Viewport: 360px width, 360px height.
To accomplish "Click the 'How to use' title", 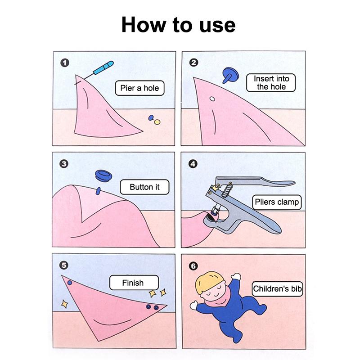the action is (x=178, y=25).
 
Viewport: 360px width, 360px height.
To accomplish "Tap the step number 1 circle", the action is (x=65, y=63).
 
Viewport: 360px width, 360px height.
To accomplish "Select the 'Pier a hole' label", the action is (x=139, y=88).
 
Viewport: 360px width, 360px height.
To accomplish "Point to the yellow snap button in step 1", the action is (x=157, y=122).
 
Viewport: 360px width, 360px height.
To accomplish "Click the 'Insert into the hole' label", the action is (x=271, y=83).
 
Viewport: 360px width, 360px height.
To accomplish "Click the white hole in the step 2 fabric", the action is (x=212, y=99).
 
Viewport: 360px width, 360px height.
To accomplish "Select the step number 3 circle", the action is (x=64, y=164).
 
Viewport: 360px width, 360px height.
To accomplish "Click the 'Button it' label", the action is (x=144, y=187).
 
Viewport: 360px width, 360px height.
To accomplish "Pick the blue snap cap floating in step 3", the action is (x=103, y=176).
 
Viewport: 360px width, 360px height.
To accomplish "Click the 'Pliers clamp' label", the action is (x=277, y=202).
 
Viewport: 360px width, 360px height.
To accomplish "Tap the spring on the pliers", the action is (x=227, y=190).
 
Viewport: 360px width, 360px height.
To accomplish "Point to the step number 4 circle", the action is (x=193, y=164).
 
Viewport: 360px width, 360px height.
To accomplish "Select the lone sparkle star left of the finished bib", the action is (x=64, y=304).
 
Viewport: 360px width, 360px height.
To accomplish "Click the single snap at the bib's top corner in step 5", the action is (x=70, y=283).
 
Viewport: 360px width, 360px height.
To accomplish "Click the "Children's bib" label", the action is (x=277, y=288).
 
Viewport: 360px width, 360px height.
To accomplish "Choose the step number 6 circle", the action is (x=193, y=266).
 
